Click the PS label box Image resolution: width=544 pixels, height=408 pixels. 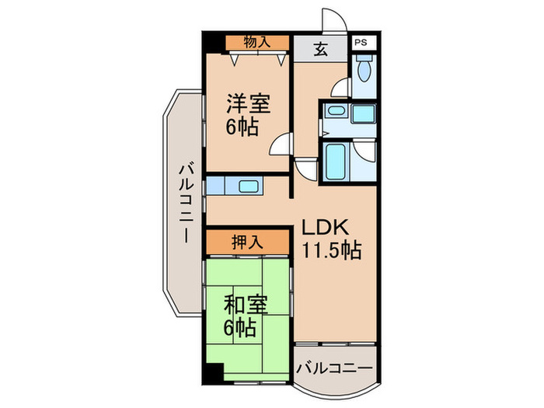pyautogui.click(x=361, y=44)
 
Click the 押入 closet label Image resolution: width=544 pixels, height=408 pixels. pyautogui.click(x=247, y=242)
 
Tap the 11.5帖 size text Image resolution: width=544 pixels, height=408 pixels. pyautogui.click(x=332, y=252)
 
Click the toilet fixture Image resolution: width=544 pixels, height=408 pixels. pyautogui.click(x=364, y=72)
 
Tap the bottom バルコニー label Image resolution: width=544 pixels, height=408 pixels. pyautogui.click(x=334, y=367)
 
